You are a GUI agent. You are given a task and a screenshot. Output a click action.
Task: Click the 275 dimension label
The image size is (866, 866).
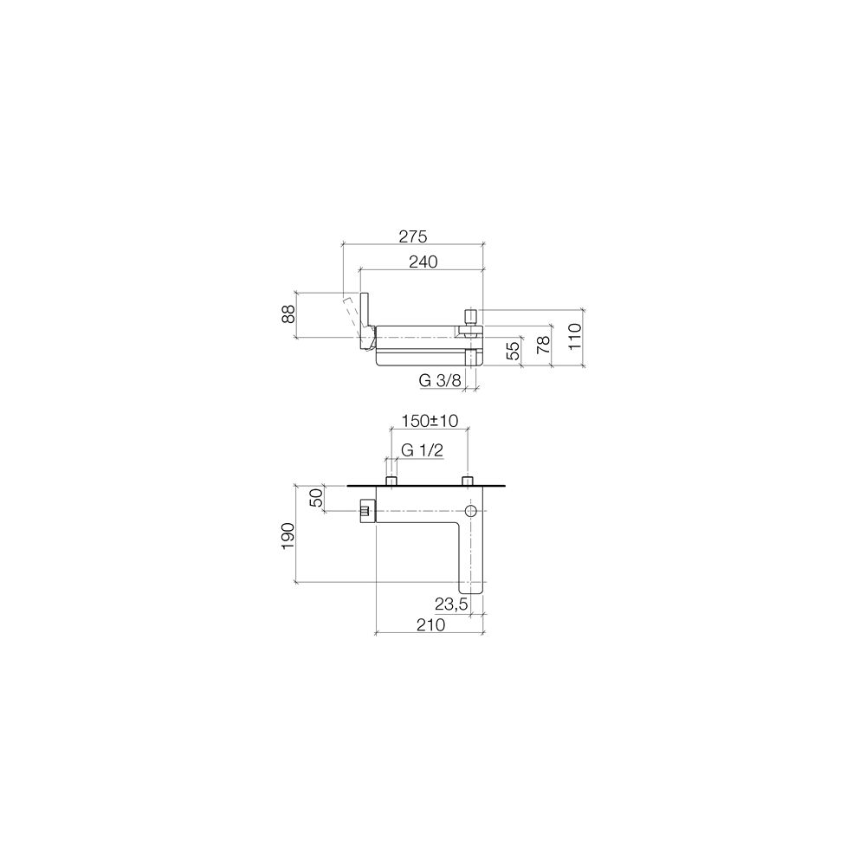(412, 236)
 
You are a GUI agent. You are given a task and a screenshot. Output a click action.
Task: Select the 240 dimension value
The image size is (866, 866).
(423, 262)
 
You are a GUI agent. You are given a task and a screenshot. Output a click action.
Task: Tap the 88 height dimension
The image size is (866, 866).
(288, 315)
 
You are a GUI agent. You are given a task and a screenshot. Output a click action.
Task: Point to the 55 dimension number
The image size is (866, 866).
(513, 351)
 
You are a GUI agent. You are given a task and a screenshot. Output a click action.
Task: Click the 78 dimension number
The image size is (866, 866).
(544, 344)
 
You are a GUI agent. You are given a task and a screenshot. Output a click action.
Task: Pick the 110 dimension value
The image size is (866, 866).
(574, 336)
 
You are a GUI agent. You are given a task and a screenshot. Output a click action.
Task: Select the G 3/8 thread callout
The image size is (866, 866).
(440, 380)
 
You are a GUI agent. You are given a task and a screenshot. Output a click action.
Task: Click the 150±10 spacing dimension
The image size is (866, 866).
(430, 421)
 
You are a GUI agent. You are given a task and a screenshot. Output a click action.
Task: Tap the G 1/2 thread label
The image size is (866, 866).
(422, 450)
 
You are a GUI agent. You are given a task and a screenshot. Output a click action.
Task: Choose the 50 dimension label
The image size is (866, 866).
(315, 498)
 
